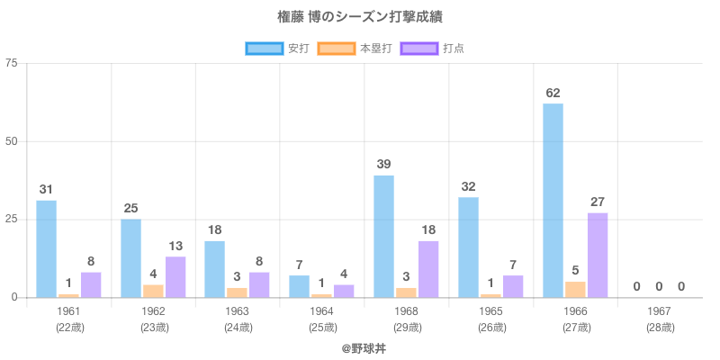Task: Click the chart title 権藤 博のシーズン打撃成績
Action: point(360,17)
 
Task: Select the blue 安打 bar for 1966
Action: point(553,200)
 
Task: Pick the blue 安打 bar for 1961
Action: point(46,248)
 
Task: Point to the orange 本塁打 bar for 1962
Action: point(153,291)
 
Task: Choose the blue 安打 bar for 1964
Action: point(299,286)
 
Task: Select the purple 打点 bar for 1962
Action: point(175,276)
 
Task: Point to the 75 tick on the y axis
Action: point(12,63)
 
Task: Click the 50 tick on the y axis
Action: point(12,141)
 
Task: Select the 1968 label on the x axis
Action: point(406,311)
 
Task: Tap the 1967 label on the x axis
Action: point(660,311)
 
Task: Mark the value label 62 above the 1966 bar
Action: point(553,93)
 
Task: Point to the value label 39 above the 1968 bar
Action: point(383,165)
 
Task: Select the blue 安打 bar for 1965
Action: point(468,247)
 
